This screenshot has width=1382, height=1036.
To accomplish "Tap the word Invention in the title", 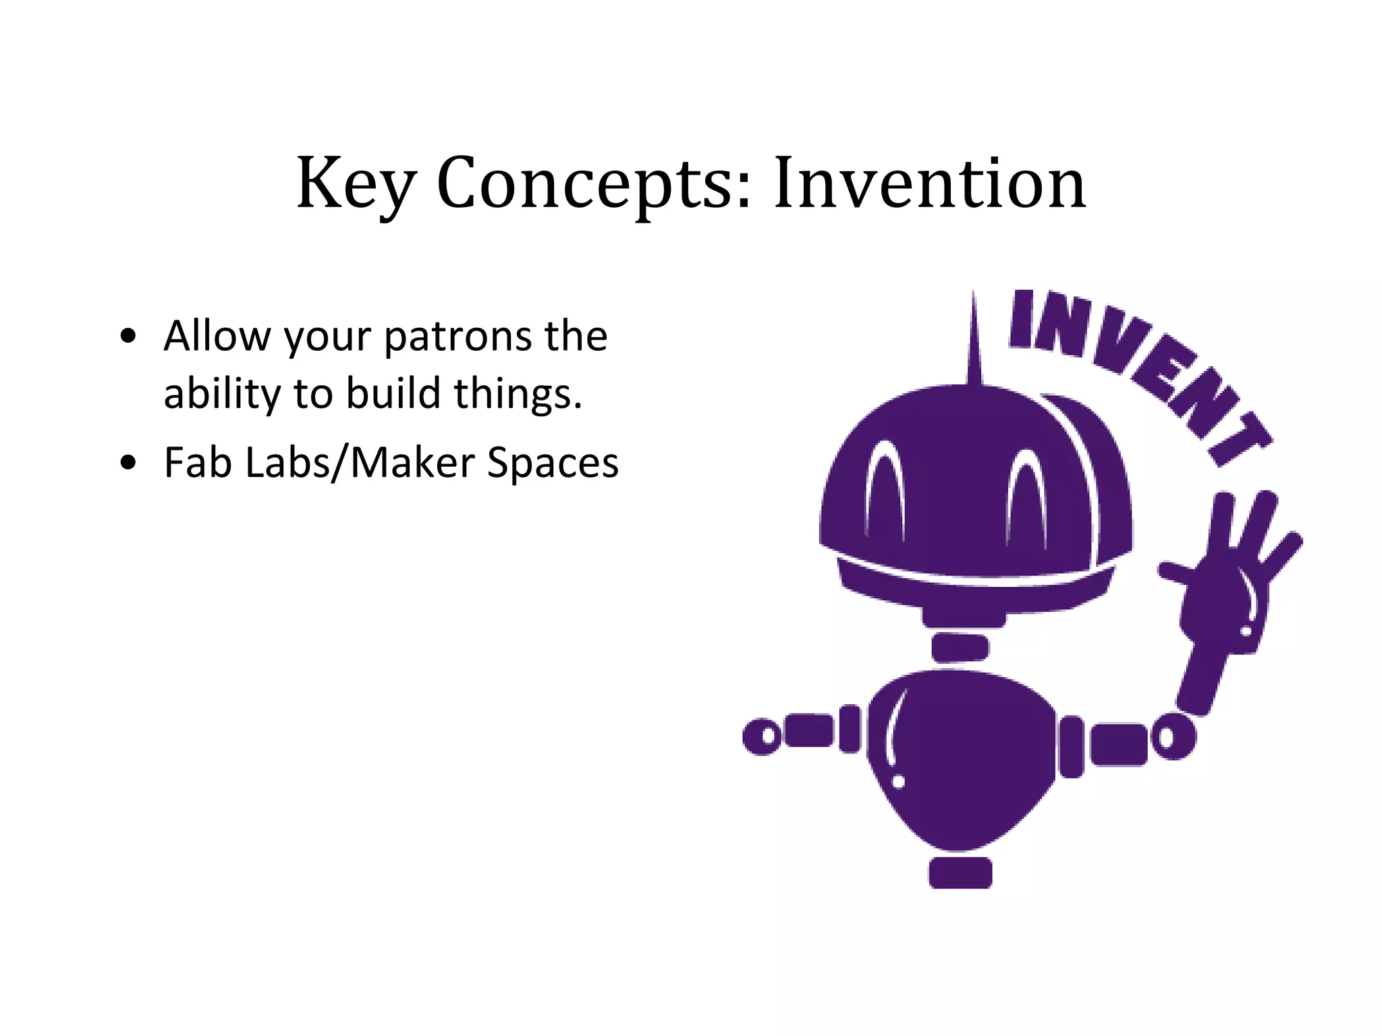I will pos(929,183).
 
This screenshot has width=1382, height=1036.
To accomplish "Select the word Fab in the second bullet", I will pos(198,463).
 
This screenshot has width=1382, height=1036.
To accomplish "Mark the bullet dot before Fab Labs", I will pos(128,463).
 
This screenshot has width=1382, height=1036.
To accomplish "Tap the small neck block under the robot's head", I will pos(960,647).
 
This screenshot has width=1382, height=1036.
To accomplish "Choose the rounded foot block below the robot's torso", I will pos(960,873).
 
